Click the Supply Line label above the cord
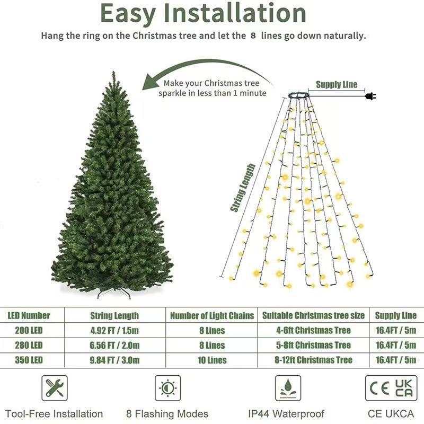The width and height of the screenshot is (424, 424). (337, 84)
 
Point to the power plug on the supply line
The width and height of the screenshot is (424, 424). (370, 96)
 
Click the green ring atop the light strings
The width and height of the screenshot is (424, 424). (299, 96)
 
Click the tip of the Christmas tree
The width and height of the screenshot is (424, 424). (113, 74)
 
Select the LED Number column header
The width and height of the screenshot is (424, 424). (29, 316)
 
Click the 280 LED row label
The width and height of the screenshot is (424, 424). (29, 346)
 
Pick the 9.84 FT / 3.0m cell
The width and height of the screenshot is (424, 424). (115, 360)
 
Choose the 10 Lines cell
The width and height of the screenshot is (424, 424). (212, 360)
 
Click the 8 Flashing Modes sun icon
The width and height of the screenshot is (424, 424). (167, 388)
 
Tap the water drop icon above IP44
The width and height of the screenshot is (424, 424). (288, 388)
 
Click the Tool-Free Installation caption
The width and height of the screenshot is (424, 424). (55, 414)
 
